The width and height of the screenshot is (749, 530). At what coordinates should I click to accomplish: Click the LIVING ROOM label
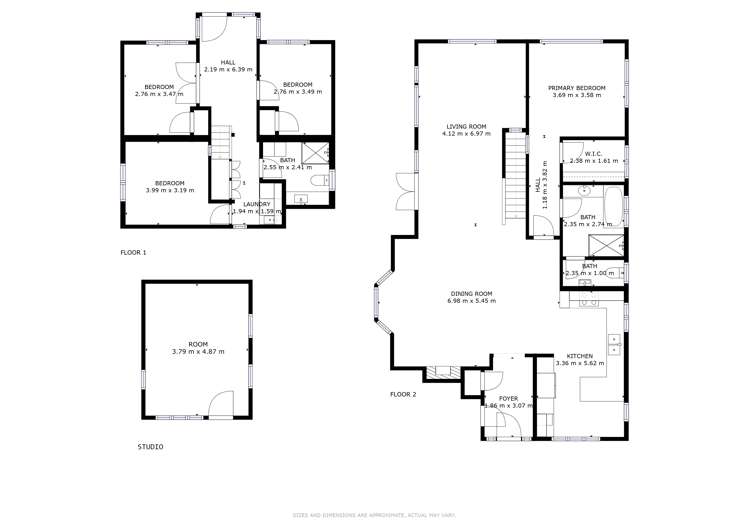pyautogui.click(x=468, y=126)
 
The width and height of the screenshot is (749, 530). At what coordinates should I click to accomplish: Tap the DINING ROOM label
pyautogui.click(x=471, y=294)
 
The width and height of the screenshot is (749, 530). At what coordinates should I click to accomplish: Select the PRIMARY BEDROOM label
pyautogui.click(x=576, y=89)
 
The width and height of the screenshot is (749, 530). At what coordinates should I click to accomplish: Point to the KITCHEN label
pyautogui.click(x=580, y=356)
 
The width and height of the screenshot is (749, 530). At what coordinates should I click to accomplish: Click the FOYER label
pyautogui.click(x=509, y=398)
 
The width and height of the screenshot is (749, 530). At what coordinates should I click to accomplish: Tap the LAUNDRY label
pyautogui.click(x=257, y=204)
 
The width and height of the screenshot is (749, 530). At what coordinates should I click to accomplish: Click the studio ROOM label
pyautogui.click(x=198, y=344)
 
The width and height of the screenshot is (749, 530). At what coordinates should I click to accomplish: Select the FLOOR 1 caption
pyautogui.click(x=133, y=252)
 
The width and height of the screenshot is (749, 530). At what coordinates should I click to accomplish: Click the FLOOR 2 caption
pyautogui.click(x=403, y=395)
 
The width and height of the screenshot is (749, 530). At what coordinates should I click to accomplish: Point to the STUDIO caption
pyautogui.click(x=150, y=447)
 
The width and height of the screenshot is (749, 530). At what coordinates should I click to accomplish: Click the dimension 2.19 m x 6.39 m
pyautogui.click(x=228, y=70)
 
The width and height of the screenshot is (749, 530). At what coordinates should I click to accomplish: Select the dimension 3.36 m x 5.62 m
pyautogui.click(x=580, y=364)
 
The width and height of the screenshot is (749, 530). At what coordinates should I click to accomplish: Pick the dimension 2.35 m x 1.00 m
pyautogui.click(x=589, y=273)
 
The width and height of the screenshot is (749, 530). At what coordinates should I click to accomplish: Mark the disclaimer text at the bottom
pyautogui.click(x=374, y=515)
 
